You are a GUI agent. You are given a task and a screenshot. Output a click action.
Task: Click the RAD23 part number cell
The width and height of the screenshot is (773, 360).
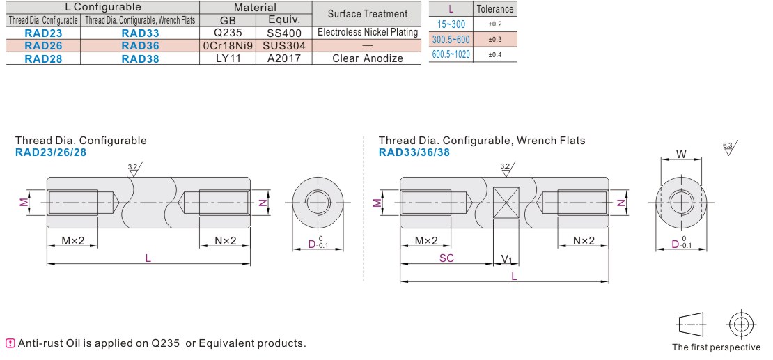43,33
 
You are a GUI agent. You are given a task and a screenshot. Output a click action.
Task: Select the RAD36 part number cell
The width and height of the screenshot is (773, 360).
140,46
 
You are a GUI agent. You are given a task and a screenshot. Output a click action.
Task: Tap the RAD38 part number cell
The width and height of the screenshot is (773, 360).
140,59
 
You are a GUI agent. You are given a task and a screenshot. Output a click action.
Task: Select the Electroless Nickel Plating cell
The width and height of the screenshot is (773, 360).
367,33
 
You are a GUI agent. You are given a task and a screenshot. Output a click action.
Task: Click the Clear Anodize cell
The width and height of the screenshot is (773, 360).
367,59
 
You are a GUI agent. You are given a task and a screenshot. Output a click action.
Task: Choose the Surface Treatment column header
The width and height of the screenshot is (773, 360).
367,14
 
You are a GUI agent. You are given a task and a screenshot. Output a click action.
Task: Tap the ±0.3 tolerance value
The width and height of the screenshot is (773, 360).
495,40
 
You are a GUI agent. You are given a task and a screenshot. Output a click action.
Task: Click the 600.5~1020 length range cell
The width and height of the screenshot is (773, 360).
451,54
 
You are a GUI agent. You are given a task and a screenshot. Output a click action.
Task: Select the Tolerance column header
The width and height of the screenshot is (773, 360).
495,9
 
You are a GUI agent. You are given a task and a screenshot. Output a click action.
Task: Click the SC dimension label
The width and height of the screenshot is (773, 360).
446,258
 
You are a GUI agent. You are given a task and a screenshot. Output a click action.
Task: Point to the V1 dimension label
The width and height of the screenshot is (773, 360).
507,259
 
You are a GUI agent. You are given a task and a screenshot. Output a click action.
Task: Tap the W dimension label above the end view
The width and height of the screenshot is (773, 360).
681,155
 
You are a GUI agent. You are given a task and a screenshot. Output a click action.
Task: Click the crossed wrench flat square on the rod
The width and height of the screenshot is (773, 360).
506,203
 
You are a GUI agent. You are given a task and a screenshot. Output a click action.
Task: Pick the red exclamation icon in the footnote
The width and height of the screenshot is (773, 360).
10,343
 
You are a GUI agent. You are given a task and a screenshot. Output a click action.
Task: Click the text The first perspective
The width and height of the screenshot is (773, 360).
716,347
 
